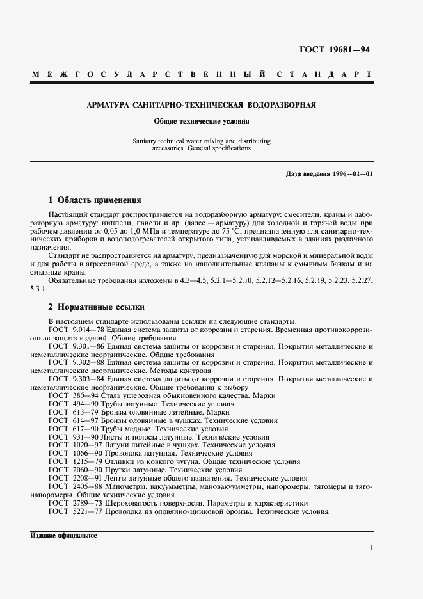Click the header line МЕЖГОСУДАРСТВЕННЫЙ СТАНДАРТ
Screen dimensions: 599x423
coord(202,74)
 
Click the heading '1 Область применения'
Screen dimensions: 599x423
coord(90,200)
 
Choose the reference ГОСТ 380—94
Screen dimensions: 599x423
coord(72,396)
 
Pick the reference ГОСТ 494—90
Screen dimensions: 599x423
coord(72,404)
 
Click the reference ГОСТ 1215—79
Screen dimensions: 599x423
coord(74,461)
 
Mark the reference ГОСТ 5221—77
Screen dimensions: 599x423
coord(74,511)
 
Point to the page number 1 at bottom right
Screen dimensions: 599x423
coord(371,548)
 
